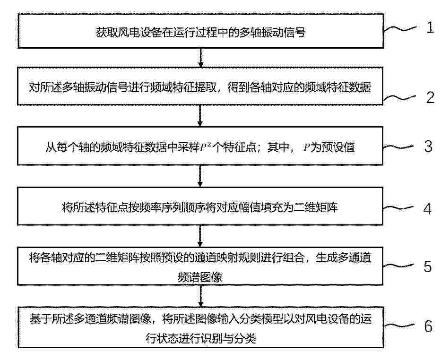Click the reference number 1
430,27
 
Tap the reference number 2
430,97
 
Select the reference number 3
428,146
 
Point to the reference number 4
427,209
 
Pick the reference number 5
428,266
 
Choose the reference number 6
428,326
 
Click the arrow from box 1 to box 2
200,58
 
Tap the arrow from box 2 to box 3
200,116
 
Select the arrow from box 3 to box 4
200,176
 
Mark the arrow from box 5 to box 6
200,296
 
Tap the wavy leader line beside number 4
398,208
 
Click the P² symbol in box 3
206,146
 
